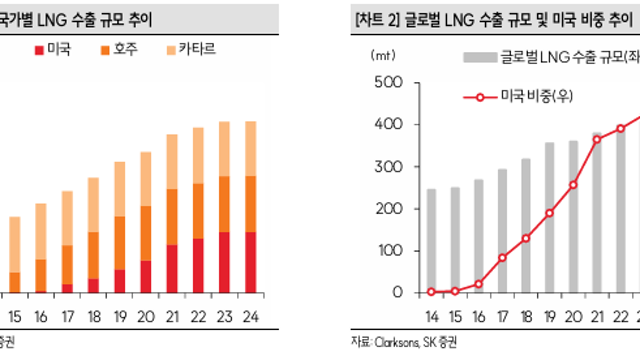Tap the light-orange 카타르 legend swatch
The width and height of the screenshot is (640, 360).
(x=171, y=49)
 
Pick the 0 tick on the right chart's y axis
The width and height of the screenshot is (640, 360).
(x=397, y=292)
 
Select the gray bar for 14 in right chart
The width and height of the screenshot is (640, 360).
(x=432, y=240)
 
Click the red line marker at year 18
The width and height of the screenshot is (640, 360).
(x=526, y=239)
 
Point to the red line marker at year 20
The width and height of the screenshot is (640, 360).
(x=573, y=185)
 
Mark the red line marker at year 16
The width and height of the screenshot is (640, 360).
(x=479, y=284)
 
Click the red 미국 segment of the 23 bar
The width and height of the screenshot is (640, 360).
(x=225, y=262)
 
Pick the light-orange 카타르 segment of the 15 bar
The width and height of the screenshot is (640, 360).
(x=15, y=244)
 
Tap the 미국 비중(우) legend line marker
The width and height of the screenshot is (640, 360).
(x=480, y=97)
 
